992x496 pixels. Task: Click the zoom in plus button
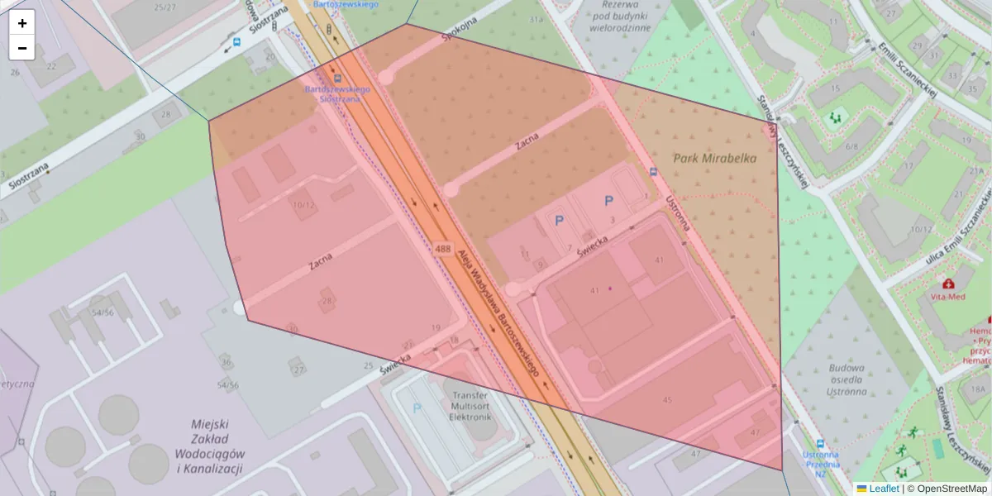[22, 23]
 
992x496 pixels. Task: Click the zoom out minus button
[22, 48]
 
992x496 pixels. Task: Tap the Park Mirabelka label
[714, 159]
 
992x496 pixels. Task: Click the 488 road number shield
[441, 249]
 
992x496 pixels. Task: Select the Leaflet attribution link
[884, 489]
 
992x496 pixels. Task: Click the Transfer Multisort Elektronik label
[470, 406]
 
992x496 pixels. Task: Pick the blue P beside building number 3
[609, 200]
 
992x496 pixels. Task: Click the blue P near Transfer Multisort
[417, 408]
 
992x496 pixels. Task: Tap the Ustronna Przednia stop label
[820, 464]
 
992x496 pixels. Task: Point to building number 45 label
[666, 400]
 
